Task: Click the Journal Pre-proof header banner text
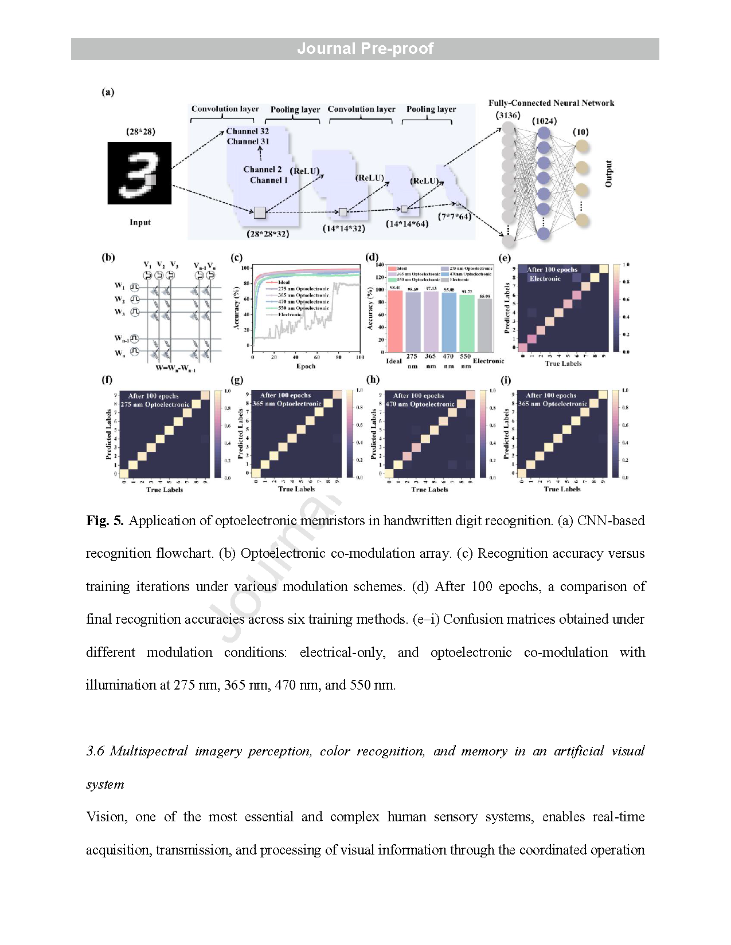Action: click(365, 49)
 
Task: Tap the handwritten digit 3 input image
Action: click(139, 173)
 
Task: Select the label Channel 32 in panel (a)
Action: click(247, 131)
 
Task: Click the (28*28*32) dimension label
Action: click(268, 234)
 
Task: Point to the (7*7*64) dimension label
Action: click(455, 216)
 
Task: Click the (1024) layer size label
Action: click(544, 121)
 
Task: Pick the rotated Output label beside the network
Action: click(609, 174)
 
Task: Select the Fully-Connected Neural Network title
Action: click(551, 103)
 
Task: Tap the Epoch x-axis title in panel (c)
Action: click(306, 366)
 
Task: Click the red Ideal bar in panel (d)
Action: click(395, 321)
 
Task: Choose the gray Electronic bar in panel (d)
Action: click(485, 325)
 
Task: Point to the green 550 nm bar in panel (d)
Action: click(467, 323)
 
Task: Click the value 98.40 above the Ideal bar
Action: click(395, 288)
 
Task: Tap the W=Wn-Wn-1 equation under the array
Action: click(175, 368)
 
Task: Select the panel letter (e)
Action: click(505, 258)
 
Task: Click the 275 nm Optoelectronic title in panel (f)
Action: click(155, 404)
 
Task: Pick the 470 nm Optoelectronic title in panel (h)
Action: click(420, 404)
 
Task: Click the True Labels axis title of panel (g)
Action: click(296, 489)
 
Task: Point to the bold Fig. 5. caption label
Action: click(105, 521)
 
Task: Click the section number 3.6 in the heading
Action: click(95, 751)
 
